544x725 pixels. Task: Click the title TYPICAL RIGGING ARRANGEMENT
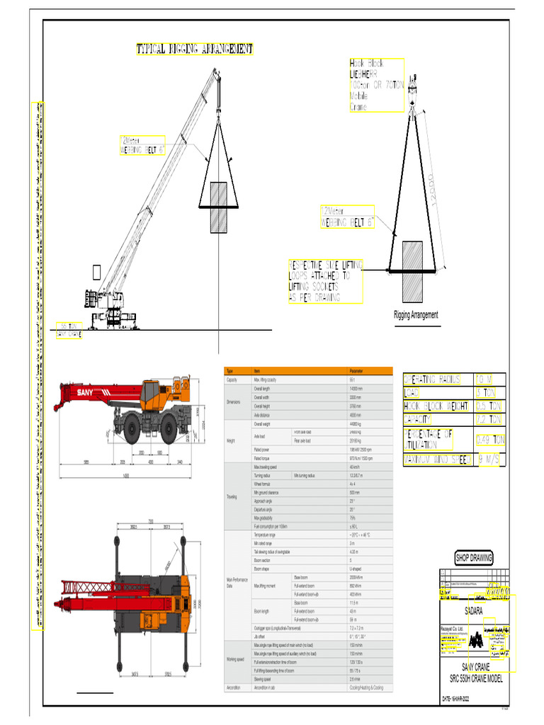point(194,49)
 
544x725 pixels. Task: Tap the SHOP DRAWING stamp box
point(474,558)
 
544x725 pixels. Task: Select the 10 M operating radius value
point(489,379)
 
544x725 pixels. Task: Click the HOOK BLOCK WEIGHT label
point(436,406)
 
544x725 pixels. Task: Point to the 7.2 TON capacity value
point(489,420)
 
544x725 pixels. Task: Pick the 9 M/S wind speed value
point(489,460)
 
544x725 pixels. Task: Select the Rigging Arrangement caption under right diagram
point(416,315)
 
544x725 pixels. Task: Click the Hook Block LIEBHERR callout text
point(376,85)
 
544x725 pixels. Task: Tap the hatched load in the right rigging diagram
point(412,270)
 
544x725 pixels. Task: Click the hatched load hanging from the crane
point(219,207)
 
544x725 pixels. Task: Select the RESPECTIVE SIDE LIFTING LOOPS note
point(326,281)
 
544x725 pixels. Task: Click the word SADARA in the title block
point(475,610)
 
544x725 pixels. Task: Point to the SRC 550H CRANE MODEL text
point(475,678)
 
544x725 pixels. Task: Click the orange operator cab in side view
point(149,392)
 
